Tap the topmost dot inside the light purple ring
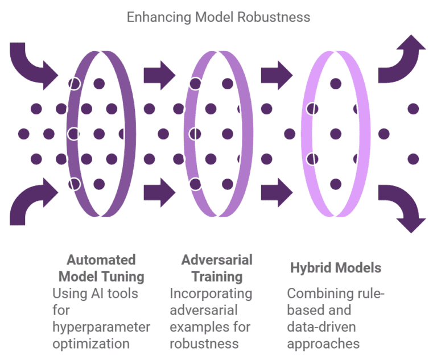(x=336, y=84)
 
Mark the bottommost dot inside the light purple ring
(x=336, y=184)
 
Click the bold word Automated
(x=101, y=260)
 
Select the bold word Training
(x=217, y=277)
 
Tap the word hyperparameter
(x=101, y=327)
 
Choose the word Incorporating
(x=211, y=293)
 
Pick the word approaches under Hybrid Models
(x=323, y=344)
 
